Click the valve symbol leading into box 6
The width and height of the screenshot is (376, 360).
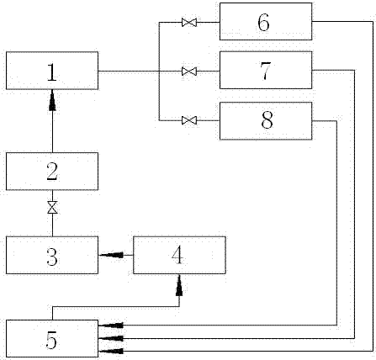(189, 22)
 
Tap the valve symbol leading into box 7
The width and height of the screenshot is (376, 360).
(189, 71)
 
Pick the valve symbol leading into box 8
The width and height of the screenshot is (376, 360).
(189, 120)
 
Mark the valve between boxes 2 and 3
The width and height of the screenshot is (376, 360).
(52, 208)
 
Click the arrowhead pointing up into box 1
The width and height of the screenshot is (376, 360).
(52, 100)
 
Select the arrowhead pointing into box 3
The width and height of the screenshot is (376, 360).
(112, 255)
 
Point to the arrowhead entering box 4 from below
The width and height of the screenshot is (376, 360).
(179, 285)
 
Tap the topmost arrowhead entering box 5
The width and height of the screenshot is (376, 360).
(111, 326)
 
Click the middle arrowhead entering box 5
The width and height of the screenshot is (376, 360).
(111, 338)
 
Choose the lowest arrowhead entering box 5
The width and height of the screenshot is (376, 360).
(111, 351)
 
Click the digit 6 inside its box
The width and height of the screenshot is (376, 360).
(263, 22)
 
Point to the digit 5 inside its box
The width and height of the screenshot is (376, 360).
(51, 340)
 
